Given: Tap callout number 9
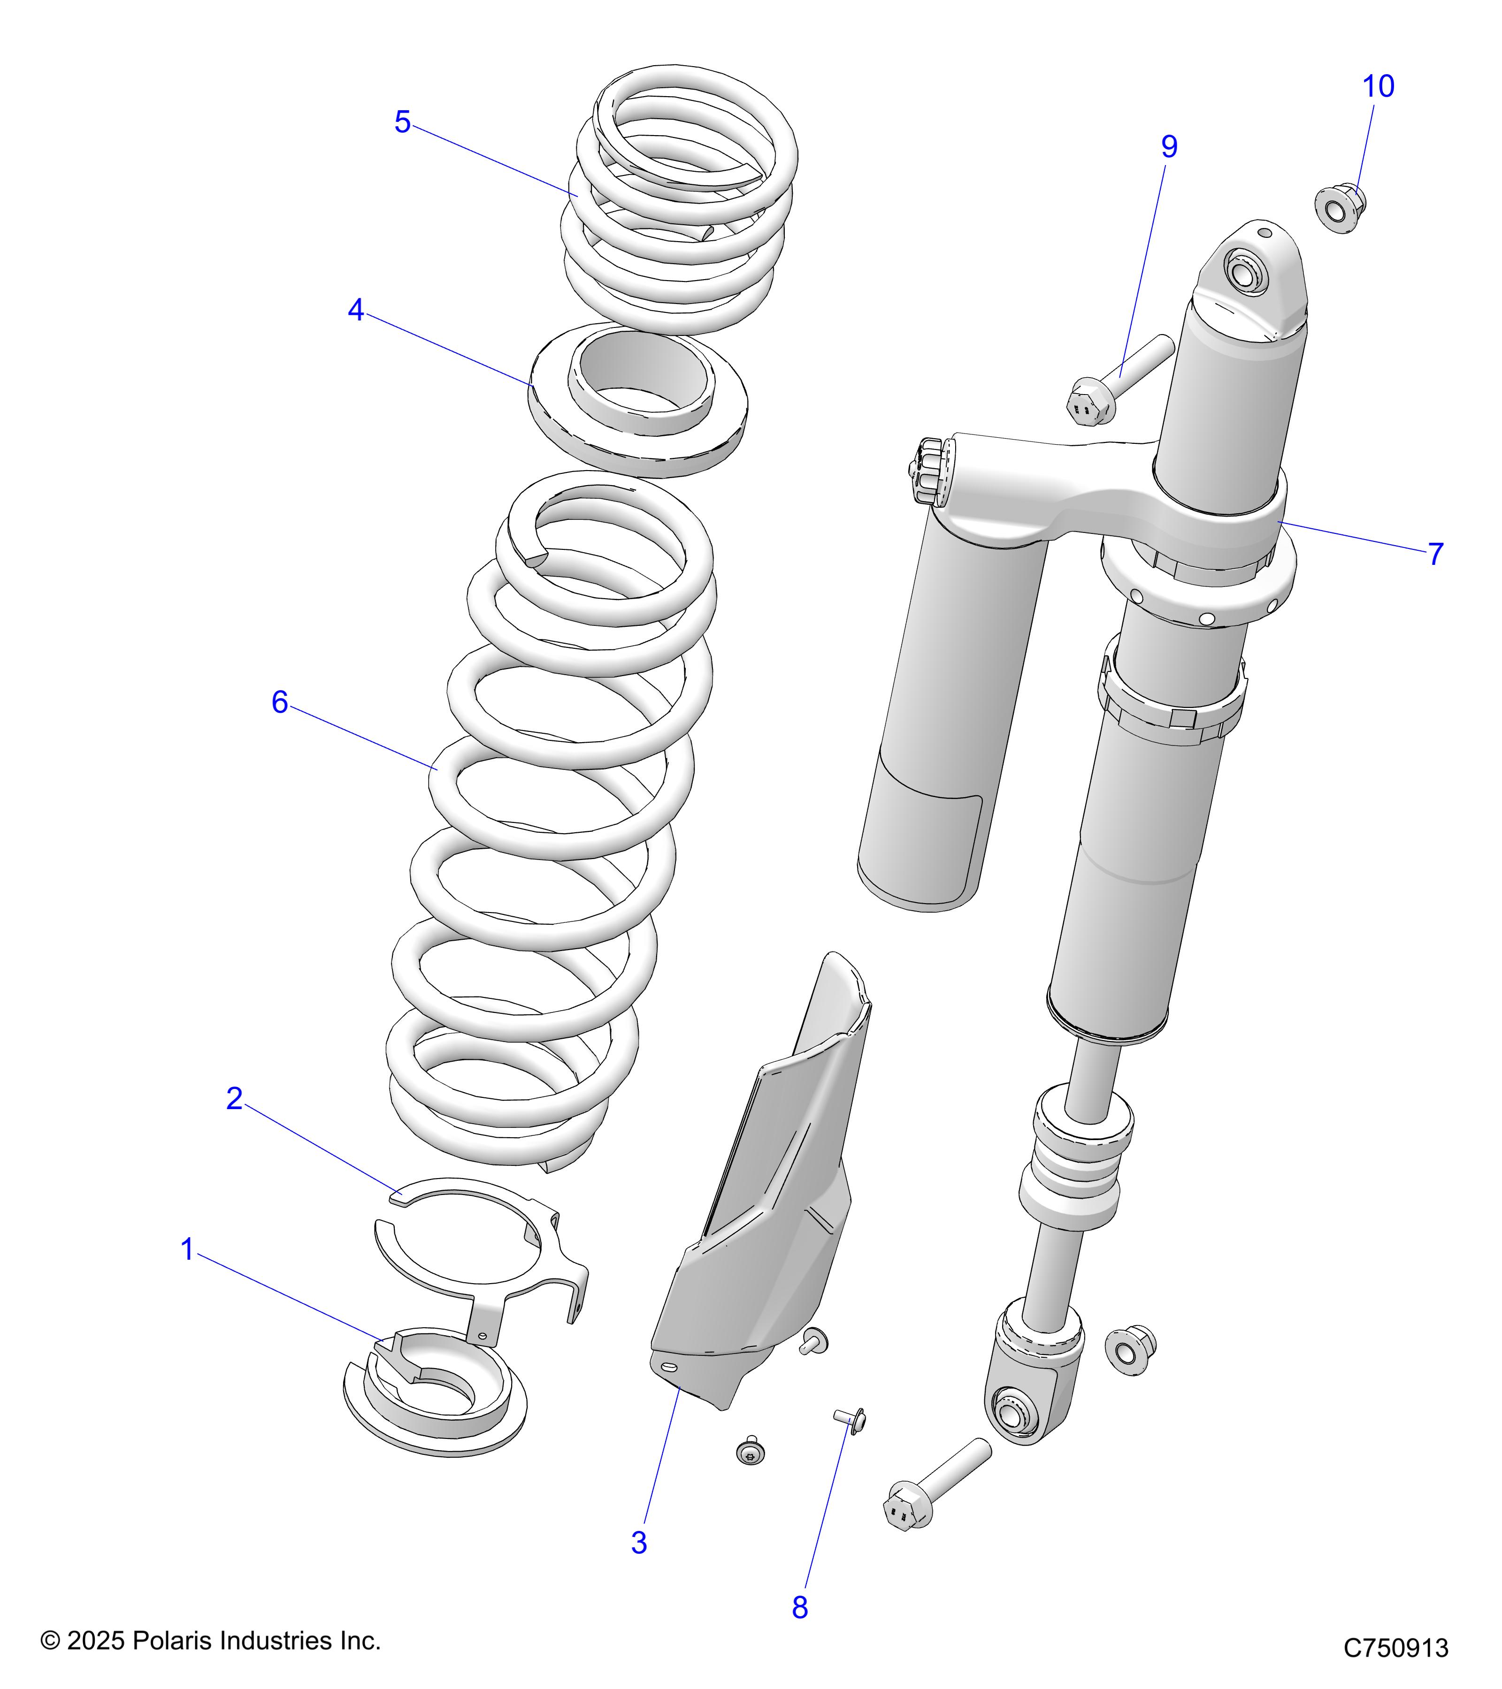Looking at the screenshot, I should coord(1169,147).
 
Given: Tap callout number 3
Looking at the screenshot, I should coord(638,1543).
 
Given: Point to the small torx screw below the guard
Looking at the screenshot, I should coord(750,1451).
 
